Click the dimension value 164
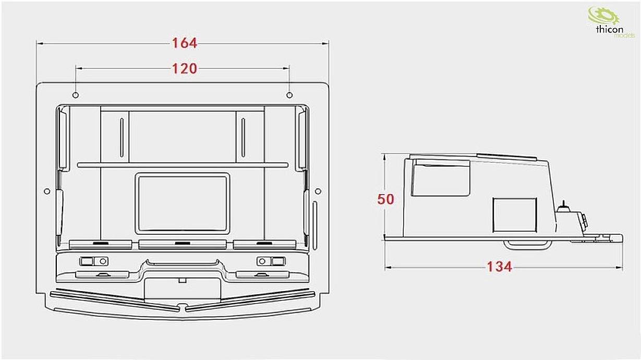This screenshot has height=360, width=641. (185, 43)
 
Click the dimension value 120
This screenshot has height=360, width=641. (185, 68)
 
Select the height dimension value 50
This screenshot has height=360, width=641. (386, 199)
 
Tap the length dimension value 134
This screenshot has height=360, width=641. (499, 267)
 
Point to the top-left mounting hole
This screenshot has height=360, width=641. (76, 95)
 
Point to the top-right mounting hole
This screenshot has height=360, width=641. (289, 95)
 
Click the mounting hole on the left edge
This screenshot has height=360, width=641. (47, 191)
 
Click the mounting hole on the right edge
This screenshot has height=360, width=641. (318, 191)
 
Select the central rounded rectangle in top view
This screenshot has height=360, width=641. (183, 203)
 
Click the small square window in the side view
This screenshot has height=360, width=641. (514, 215)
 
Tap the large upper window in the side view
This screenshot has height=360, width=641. (441, 178)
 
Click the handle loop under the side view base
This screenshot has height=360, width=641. (526, 243)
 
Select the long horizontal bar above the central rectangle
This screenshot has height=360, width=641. (183, 165)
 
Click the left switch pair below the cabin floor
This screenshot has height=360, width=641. (94, 261)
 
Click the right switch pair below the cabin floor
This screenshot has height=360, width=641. (271, 261)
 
